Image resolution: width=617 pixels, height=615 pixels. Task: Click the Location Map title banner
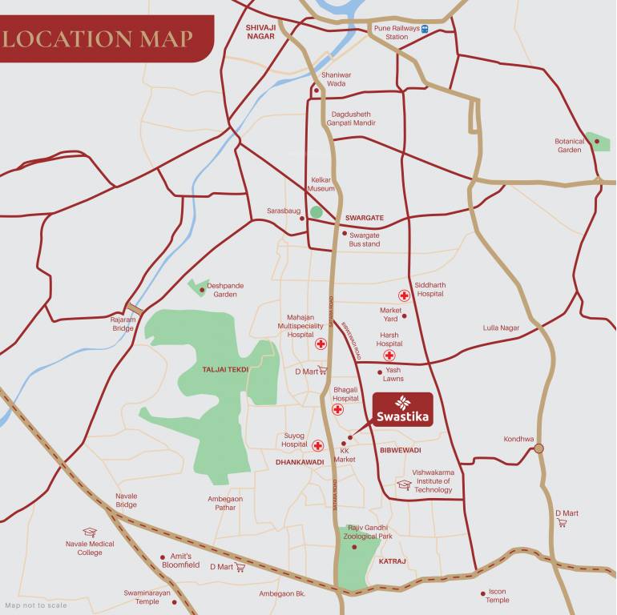(100, 38)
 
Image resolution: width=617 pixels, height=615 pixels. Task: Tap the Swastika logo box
(403, 409)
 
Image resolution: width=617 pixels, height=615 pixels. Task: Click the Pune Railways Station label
(396, 32)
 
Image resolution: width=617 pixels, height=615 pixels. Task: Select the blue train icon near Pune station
(425, 28)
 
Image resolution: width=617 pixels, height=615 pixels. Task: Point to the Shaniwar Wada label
(336, 78)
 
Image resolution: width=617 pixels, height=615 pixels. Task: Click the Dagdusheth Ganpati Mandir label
(351, 119)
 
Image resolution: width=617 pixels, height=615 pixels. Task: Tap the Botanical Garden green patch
(598, 141)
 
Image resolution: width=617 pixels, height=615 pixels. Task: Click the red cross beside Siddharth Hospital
(404, 295)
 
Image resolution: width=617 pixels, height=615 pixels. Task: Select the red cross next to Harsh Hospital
(389, 355)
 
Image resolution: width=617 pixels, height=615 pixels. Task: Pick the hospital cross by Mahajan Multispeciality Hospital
(321, 344)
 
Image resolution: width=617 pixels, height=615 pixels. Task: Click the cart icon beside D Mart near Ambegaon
(240, 567)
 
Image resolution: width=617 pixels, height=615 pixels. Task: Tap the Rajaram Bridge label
(123, 324)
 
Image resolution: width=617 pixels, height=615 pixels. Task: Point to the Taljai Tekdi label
(226, 369)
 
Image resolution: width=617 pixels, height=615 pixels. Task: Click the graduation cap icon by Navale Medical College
(90, 532)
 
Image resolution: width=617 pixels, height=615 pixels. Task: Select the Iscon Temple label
(497, 596)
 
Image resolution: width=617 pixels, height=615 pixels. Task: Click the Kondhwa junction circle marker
(539, 448)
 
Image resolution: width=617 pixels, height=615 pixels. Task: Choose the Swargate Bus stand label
(364, 239)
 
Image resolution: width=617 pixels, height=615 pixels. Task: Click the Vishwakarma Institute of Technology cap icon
(404, 484)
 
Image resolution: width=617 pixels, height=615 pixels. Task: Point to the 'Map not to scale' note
(36, 605)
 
